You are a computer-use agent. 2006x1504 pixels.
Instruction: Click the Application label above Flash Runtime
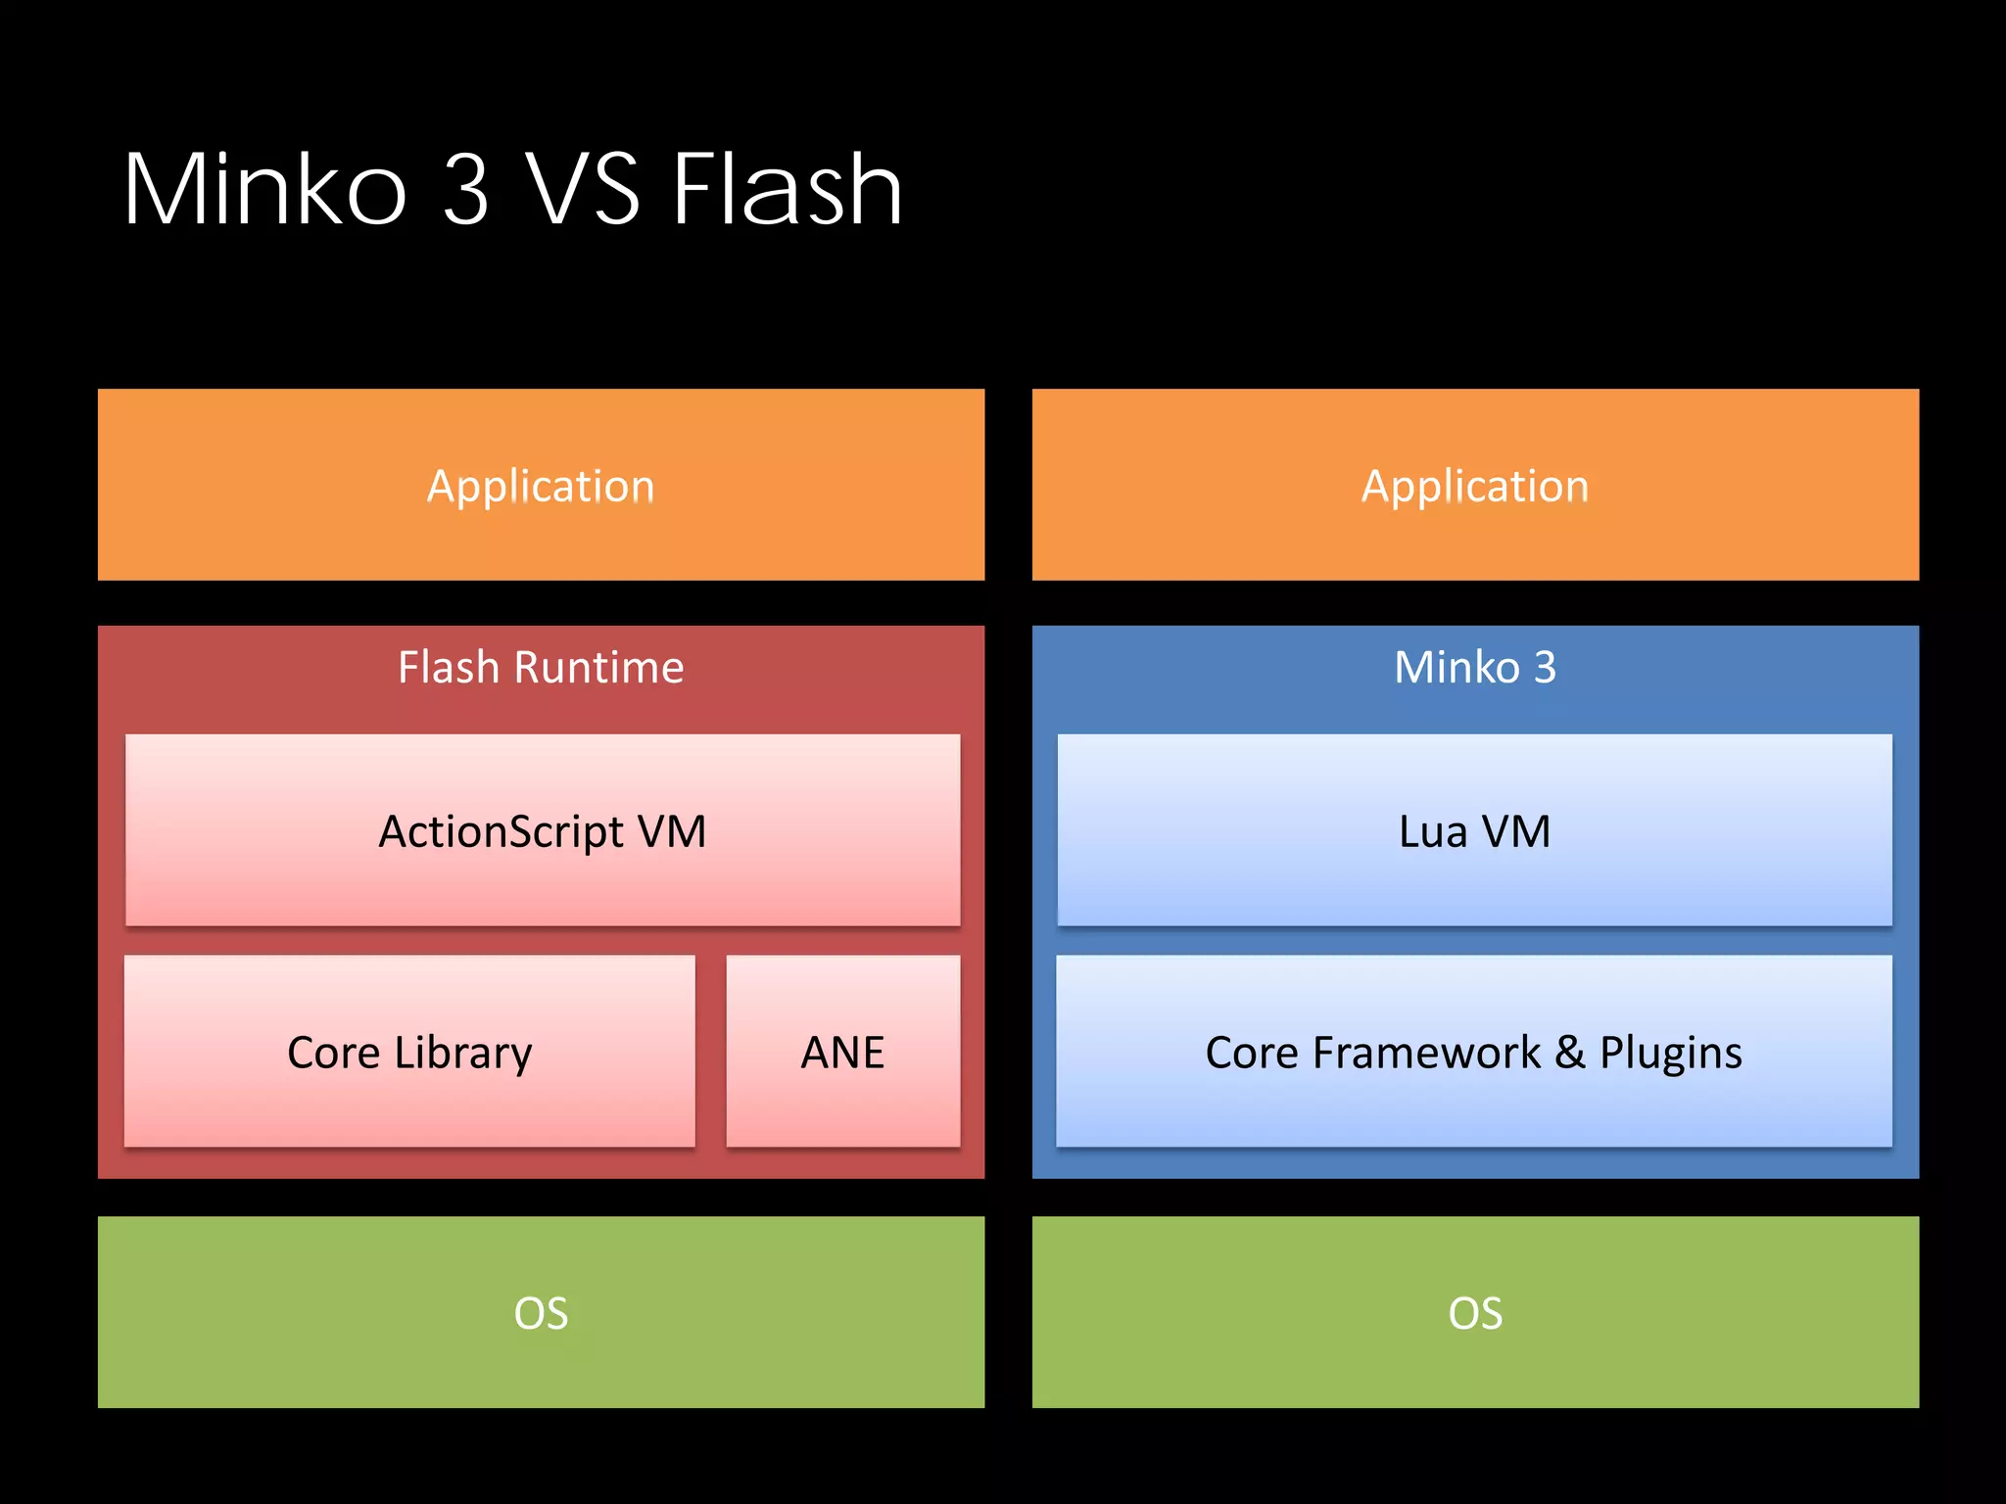click(541, 486)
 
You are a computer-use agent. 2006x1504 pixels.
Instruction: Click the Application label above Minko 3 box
click(1475, 486)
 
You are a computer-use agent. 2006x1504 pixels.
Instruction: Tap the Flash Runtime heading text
click(541, 668)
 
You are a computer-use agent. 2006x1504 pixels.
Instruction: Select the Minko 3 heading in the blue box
click(1475, 668)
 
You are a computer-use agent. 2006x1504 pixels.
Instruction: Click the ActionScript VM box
click(543, 830)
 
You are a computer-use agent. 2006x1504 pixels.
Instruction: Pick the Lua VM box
click(1475, 830)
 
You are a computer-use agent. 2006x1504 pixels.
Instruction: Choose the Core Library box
click(409, 1052)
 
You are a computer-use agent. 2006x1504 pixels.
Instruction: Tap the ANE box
click(842, 1052)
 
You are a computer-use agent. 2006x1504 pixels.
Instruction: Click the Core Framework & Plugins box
click(1474, 1052)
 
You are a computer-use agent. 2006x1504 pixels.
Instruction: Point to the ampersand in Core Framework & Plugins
click(1569, 1052)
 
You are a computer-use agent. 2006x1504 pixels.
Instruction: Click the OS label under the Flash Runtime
click(541, 1313)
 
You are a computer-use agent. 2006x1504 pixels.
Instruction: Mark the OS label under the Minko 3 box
click(1475, 1313)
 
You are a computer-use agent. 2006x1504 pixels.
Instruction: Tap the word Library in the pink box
click(463, 1054)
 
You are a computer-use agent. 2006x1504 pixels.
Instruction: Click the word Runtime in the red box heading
click(598, 668)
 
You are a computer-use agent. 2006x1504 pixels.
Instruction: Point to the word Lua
click(1433, 831)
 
